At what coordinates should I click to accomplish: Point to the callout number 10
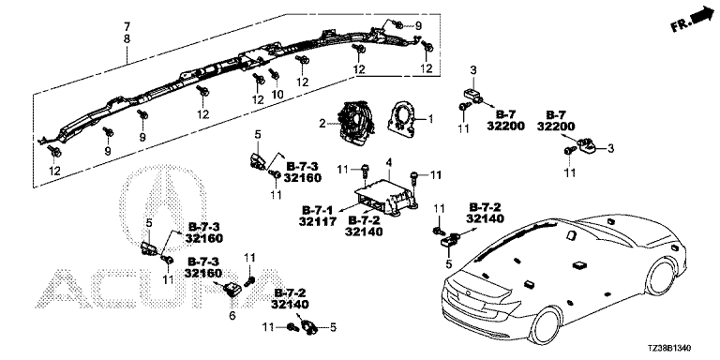coord(277,94)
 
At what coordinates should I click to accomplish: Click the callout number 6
coord(232,315)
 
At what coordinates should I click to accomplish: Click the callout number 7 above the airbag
coord(127,25)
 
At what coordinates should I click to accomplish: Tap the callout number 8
coord(127,39)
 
